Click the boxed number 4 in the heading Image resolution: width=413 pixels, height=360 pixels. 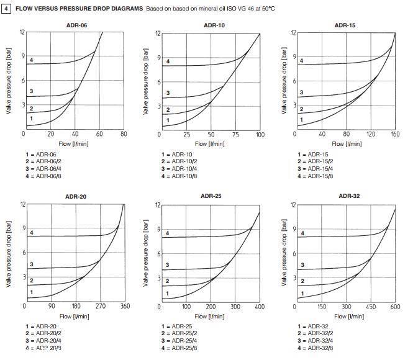pos(6,9)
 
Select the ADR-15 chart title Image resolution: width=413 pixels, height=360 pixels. pos(345,25)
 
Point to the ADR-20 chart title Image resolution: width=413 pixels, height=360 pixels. pos(76,197)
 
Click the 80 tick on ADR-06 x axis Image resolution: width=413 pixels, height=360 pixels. pos(124,134)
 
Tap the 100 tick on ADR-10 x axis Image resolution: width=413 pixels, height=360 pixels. pos(260,135)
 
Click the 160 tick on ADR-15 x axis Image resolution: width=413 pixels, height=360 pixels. pos(394,134)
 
